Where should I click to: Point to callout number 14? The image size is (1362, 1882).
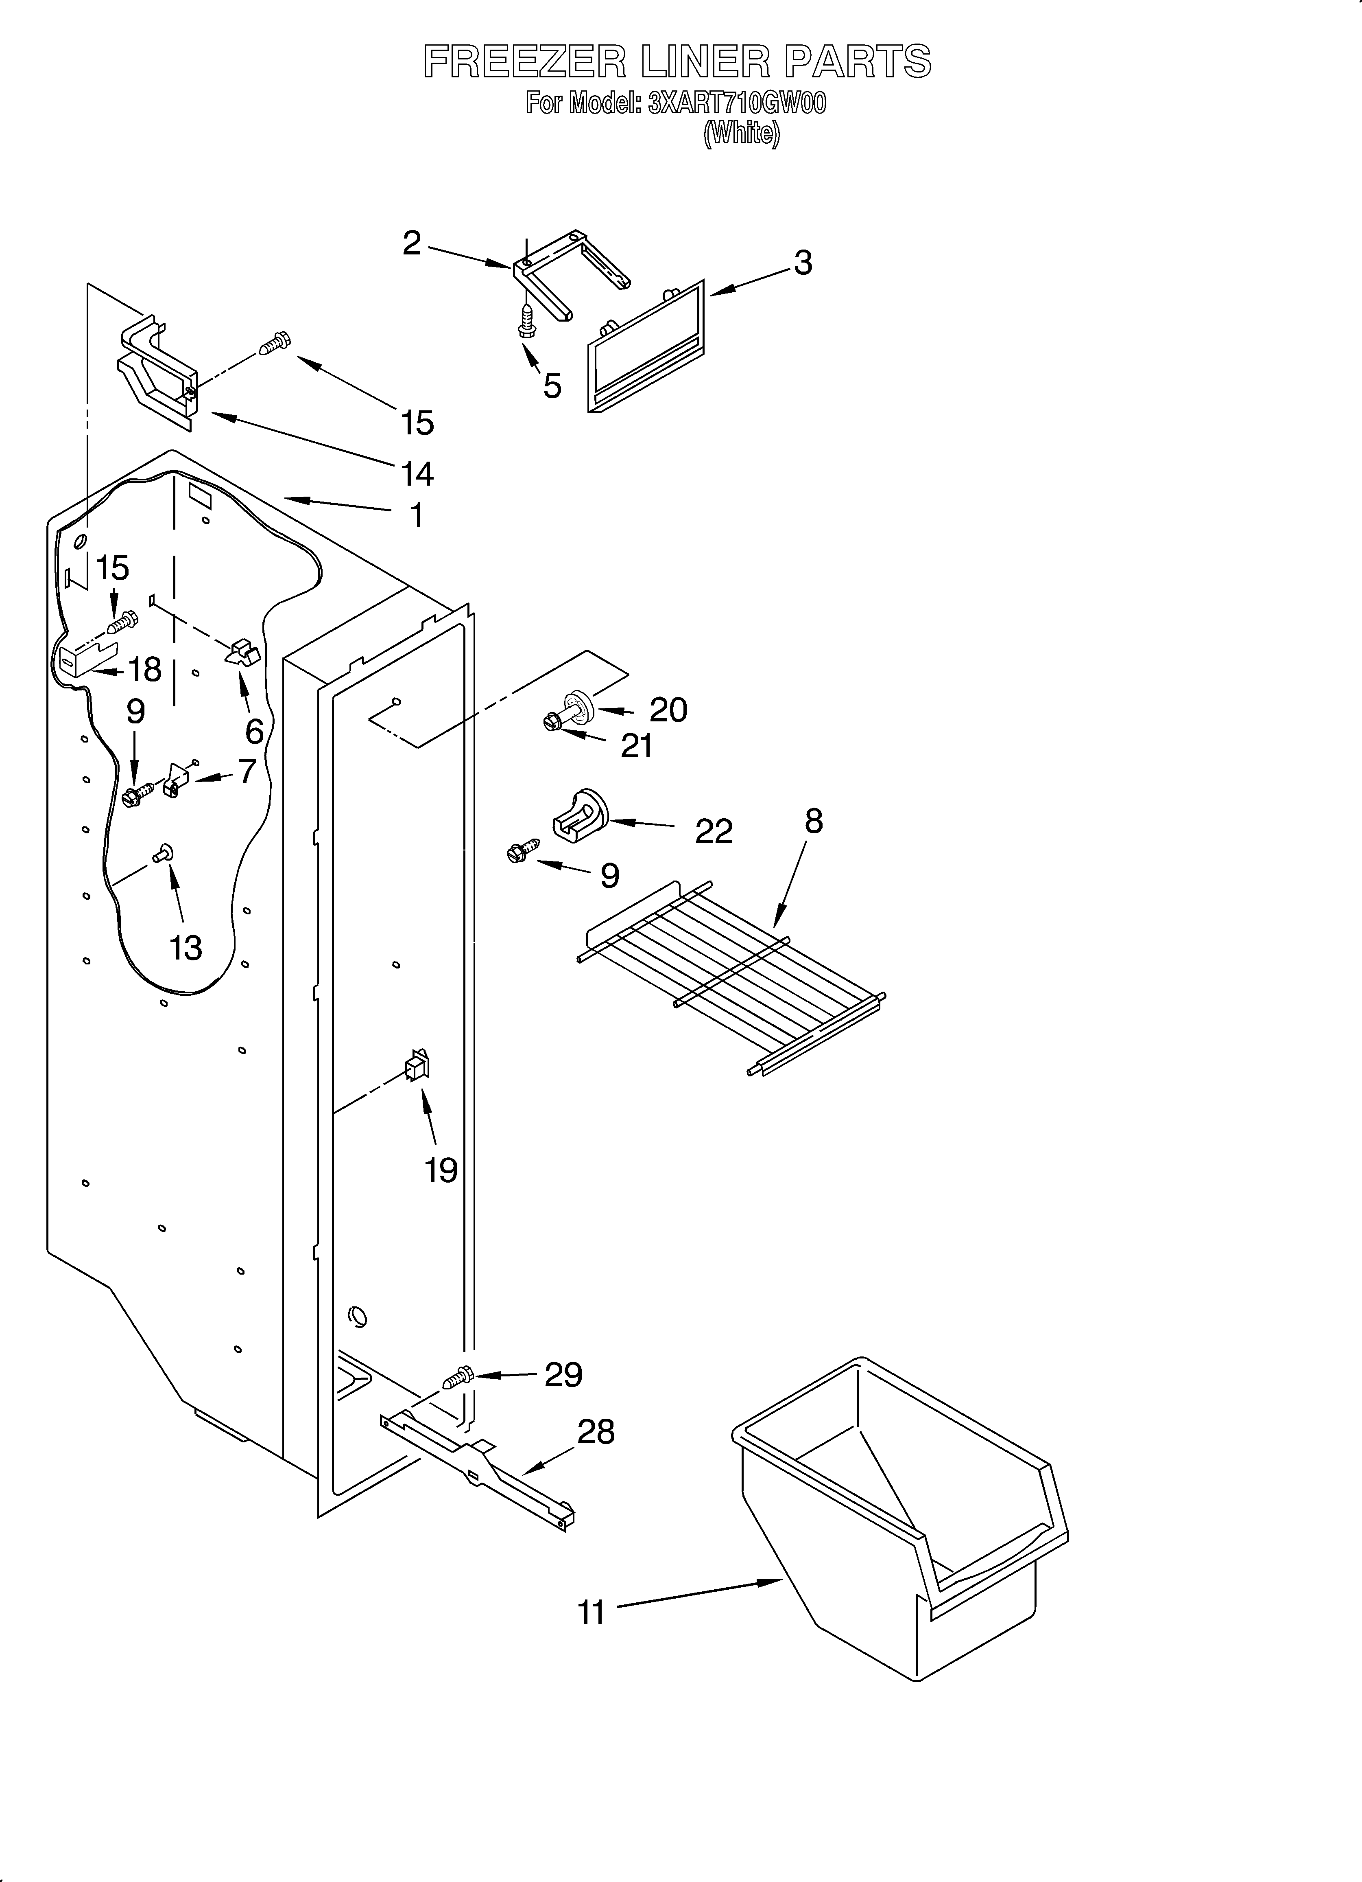417,474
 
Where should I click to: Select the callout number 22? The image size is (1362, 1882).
714,830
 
